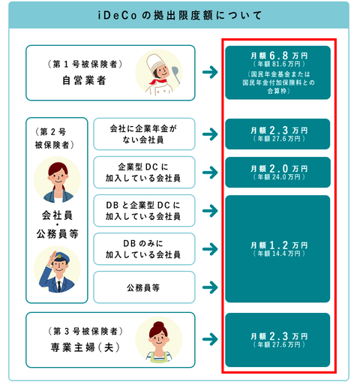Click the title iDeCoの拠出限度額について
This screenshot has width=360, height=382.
180,16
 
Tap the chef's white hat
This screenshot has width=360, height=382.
155,62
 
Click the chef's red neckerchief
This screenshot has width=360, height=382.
158,81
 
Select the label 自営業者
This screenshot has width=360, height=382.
84,80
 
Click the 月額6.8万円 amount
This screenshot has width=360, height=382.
279,56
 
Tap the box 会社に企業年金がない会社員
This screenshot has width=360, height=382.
144,134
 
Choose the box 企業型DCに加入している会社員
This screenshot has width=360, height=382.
144,173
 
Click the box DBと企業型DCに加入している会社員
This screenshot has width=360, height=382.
144,211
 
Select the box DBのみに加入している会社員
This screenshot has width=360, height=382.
144,249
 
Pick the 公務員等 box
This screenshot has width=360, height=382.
144,287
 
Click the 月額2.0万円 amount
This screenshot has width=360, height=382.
279,169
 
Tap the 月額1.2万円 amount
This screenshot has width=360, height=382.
279,245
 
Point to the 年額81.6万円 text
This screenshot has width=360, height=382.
279,64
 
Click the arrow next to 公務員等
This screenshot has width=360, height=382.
210,287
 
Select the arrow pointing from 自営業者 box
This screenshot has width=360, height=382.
210,72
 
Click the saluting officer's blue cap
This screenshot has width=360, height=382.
61,257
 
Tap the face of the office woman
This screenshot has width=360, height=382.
58,176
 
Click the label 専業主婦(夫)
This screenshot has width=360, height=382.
85,347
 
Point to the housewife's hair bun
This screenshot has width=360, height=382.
158,325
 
